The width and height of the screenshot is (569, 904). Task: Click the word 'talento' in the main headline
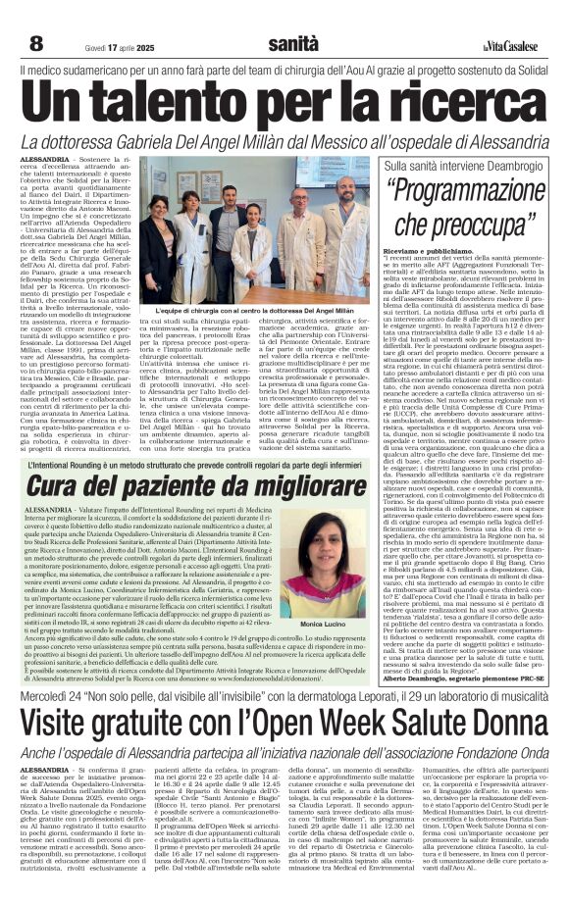197,101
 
